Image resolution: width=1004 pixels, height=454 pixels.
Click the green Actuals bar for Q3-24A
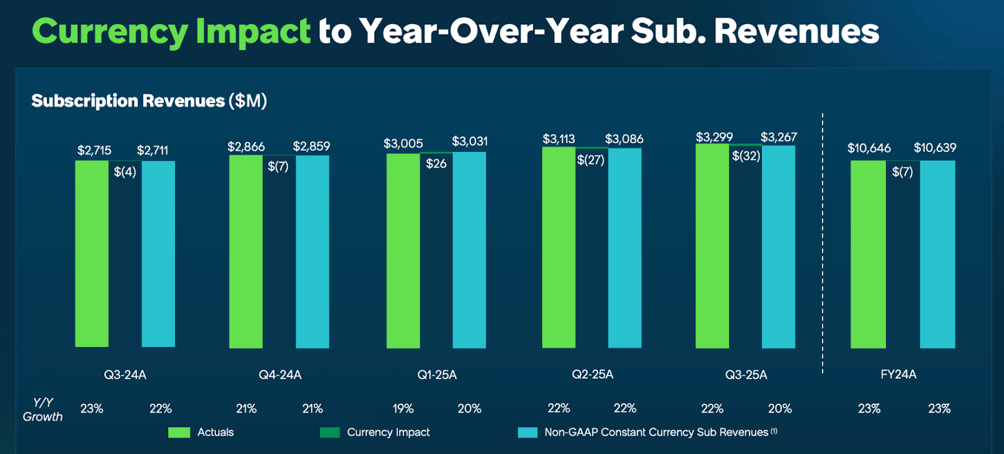click(x=92, y=254)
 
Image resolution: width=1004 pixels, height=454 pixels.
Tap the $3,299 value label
click(x=714, y=137)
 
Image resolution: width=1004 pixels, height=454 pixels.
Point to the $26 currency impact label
click(x=436, y=164)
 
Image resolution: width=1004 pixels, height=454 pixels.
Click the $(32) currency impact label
click(x=745, y=156)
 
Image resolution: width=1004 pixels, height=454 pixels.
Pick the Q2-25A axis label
click(x=592, y=374)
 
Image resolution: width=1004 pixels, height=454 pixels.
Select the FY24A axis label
click(x=898, y=374)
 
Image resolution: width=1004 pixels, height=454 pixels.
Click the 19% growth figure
click(x=403, y=409)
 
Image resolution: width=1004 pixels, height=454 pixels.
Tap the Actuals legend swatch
click(x=179, y=432)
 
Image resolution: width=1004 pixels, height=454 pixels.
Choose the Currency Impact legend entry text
click(x=388, y=432)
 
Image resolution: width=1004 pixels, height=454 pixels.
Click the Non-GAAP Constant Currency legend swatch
click(x=527, y=432)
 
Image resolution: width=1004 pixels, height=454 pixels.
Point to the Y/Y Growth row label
click(x=43, y=409)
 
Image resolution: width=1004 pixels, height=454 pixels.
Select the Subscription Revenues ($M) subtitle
click(x=149, y=100)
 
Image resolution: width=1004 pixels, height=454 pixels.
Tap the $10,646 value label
click(x=868, y=148)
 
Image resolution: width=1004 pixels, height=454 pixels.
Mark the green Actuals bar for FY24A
click(x=868, y=254)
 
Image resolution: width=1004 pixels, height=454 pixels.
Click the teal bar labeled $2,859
click(x=312, y=251)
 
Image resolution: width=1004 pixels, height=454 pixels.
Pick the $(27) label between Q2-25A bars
click(x=590, y=160)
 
